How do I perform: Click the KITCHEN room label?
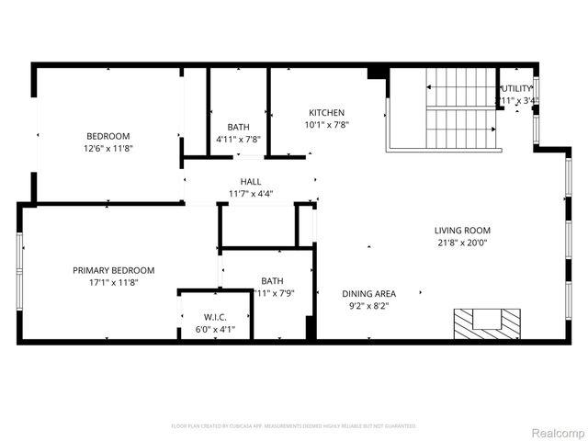(x=326, y=113)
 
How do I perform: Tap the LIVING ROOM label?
(x=462, y=231)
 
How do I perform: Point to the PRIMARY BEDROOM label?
(x=114, y=270)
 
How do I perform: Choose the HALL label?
(x=251, y=182)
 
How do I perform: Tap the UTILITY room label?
(x=515, y=88)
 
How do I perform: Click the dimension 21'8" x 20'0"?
(x=462, y=243)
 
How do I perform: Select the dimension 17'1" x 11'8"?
(x=114, y=282)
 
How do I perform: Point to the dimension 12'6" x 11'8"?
(x=108, y=148)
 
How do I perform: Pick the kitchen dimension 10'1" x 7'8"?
(x=326, y=125)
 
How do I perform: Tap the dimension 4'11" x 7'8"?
(x=238, y=139)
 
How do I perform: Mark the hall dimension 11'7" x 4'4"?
(x=251, y=194)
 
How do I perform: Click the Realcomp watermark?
(x=558, y=432)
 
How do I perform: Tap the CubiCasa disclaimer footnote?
(x=293, y=426)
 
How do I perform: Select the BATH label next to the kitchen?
(x=238, y=127)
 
